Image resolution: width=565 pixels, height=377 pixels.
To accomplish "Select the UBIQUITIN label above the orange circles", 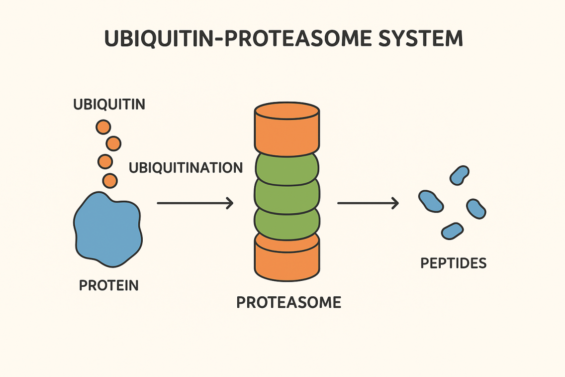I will (x=109, y=105).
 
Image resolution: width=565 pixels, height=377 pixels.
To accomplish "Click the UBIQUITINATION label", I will (x=186, y=167).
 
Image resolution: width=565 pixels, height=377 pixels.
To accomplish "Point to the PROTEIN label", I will (x=109, y=285).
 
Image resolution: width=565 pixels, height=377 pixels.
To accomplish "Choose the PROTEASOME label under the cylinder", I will (x=288, y=302).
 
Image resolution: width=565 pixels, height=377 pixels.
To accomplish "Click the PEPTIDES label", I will (x=453, y=263).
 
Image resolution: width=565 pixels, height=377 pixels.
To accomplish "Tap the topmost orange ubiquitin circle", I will (x=103, y=127).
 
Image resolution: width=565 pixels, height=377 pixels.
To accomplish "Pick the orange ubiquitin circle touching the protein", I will (x=110, y=180).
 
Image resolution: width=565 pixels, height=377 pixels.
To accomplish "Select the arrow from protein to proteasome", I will (x=195, y=203).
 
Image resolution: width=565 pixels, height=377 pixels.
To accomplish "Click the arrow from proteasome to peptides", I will (x=368, y=203).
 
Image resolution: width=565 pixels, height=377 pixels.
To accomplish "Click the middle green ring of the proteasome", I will (x=287, y=195).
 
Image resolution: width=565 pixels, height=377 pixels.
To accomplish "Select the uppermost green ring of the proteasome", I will (x=287, y=168).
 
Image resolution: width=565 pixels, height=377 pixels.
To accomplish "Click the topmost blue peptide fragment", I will (x=459, y=175).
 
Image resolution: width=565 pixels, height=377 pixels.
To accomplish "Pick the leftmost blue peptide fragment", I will (x=430, y=201).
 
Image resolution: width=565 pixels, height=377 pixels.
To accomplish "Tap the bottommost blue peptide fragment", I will (x=452, y=231).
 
